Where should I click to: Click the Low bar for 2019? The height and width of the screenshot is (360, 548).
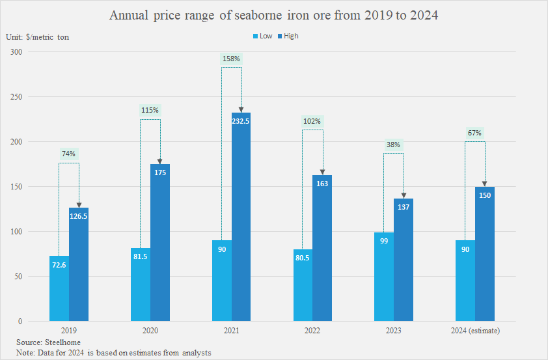click(x=59, y=288)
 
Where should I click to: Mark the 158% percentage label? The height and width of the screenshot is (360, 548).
click(x=232, y=59)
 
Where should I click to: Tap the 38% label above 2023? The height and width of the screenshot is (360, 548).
click(x=393, y=145)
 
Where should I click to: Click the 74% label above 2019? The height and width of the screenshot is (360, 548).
click(x=69, y=154)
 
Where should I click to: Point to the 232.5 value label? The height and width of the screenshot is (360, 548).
click(x=241, y=121)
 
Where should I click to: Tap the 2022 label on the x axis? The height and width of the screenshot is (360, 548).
click(x=312, y=331)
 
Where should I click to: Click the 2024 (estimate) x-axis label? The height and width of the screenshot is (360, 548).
click(x=475, y=331)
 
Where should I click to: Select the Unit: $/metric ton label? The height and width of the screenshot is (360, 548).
click(x=38, y=37)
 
